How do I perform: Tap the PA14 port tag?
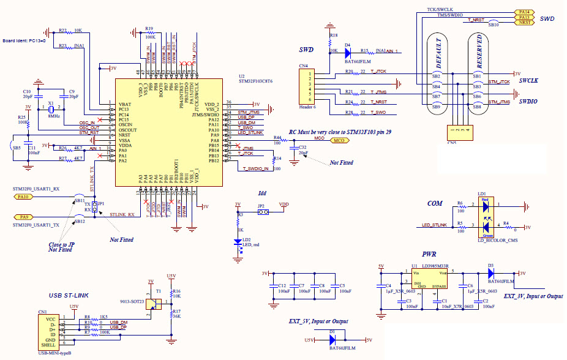pos(524,12)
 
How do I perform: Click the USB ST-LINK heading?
pos(69,296)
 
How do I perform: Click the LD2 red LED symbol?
pos(239,241)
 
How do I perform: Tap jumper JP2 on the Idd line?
pos(262,212)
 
